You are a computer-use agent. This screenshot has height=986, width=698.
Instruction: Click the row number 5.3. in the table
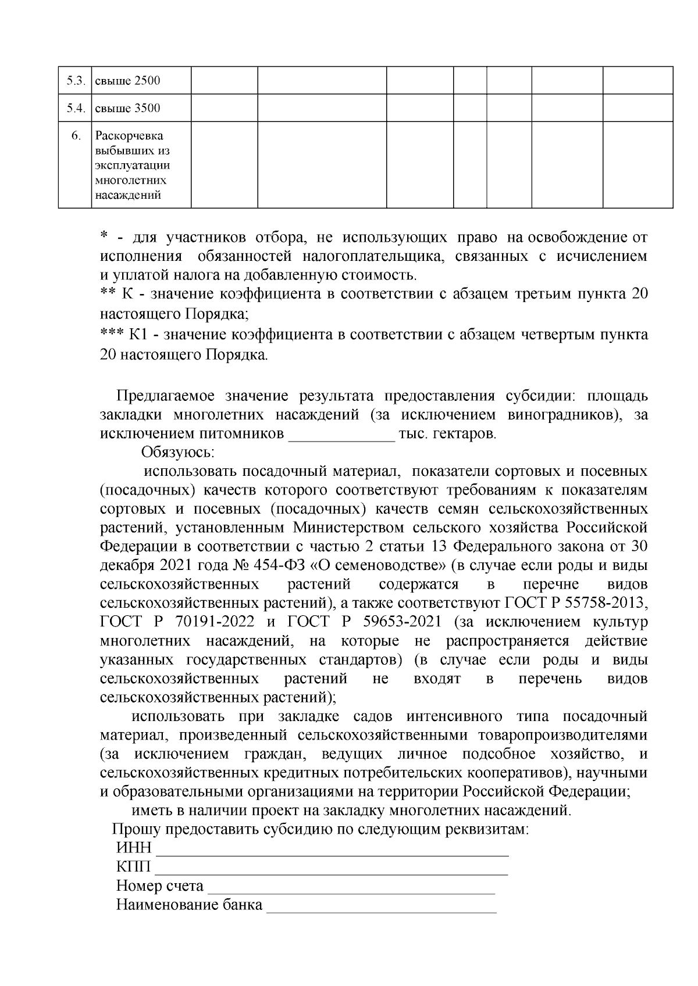tap(76, 81)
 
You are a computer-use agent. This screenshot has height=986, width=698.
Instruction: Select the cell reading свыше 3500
tap(127, 109)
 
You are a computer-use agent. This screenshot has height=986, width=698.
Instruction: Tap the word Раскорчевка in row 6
tap(129, 136)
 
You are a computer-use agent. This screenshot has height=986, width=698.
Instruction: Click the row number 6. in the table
tap(76, 136)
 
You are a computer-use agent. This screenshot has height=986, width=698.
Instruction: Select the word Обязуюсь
tap(178, 451)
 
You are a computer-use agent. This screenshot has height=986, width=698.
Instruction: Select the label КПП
tap(133, 867)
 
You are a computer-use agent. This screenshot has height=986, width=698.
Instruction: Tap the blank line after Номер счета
tap(351, 887)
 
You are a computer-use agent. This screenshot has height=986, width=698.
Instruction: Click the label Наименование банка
tap(189, 905)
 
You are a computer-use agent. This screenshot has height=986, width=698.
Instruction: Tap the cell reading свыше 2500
tap(127, 81)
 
